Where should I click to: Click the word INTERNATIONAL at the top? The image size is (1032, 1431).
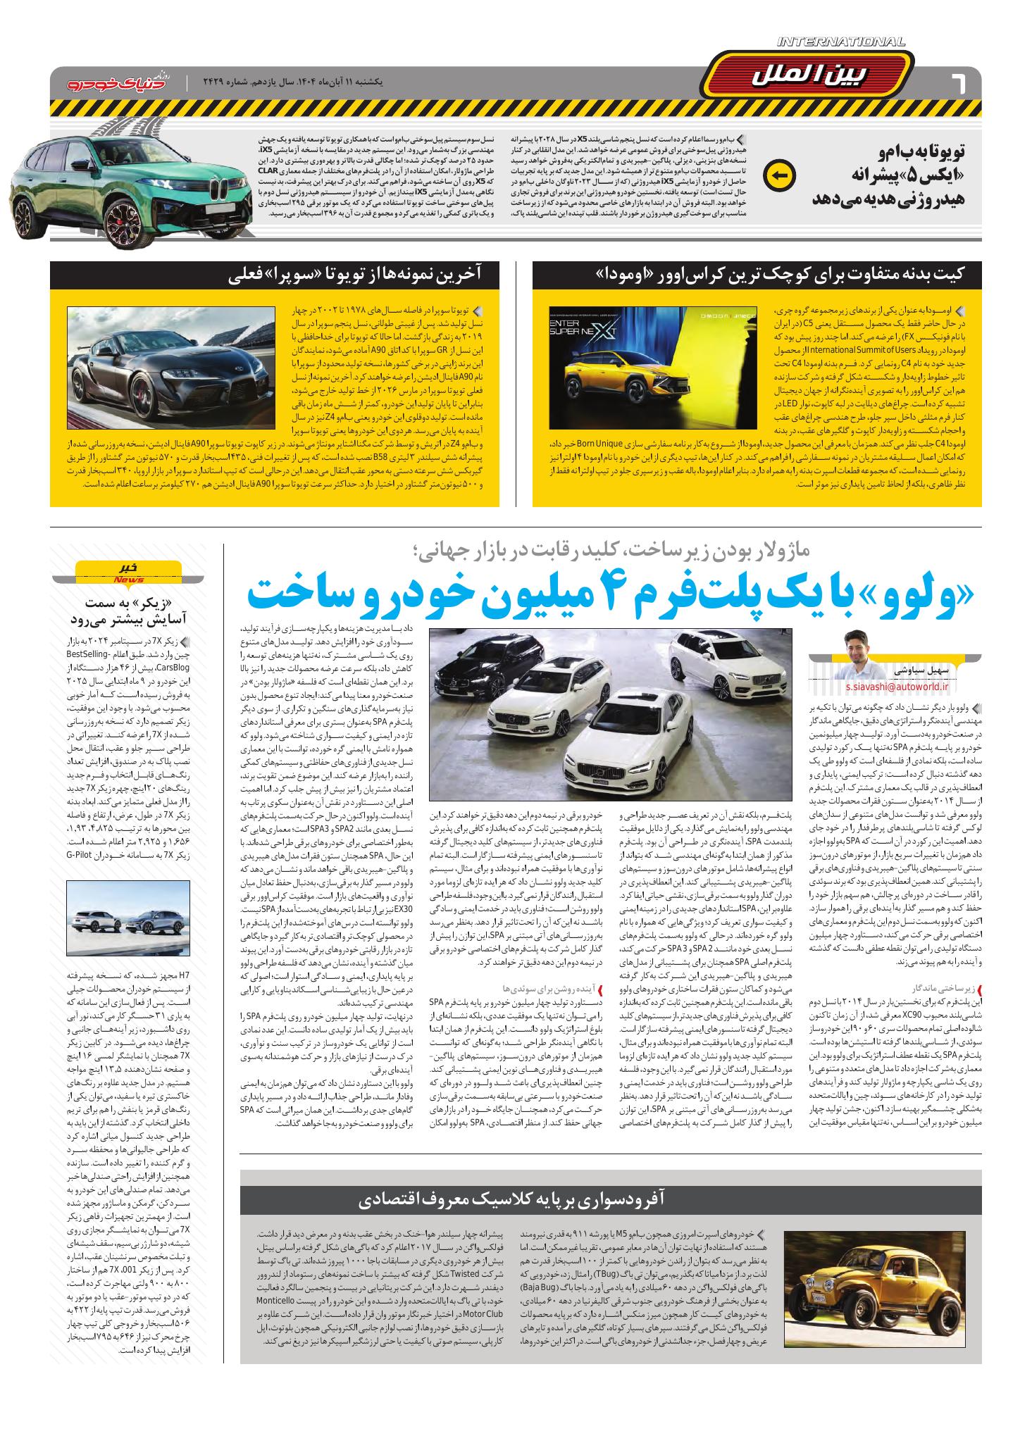pyautogui.click(x=841, y=43)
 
